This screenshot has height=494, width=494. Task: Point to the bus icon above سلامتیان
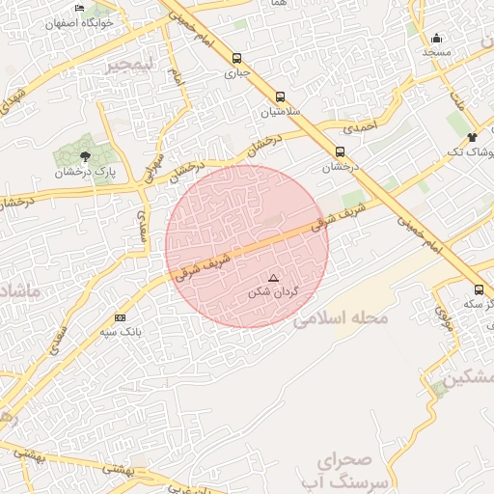[280, 96]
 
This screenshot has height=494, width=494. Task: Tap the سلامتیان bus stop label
[280, 112]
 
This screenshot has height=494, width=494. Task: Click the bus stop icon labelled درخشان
[340, 151]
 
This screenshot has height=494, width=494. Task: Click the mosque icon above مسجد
[436, 39]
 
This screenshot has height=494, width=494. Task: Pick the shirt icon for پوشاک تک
[471, 137]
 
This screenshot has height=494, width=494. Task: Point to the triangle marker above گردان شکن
[273, 277]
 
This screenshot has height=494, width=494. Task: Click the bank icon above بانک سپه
[120, 317]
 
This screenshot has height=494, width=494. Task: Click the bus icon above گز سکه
[480, 289]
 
